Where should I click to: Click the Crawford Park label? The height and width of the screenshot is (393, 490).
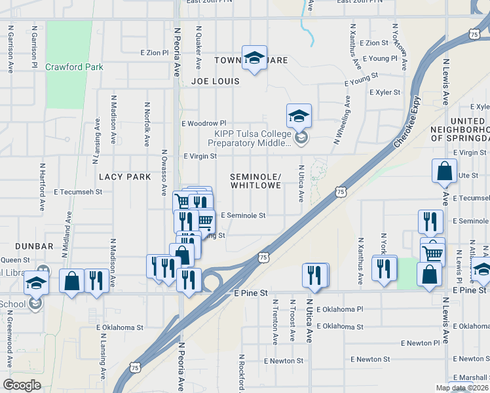(x=75, y=67)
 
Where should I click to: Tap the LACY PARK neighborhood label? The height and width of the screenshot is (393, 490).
(x=124, y=177)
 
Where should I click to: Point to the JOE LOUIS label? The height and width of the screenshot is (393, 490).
(x=216, y=82)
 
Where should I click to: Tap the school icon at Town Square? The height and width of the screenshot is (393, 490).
(x=254, y=56)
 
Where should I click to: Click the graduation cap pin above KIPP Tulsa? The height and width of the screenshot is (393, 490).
(x=299, y=117)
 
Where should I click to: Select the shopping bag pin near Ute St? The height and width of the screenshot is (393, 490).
(x=444, y=172)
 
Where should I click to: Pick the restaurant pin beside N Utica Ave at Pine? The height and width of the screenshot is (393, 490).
(x=315, y=274)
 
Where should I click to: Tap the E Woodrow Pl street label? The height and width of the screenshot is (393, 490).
(x=204, y=123)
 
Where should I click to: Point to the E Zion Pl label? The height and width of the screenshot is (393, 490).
(x=155, y=52)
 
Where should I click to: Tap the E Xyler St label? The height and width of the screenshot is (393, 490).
(x=385, y=92)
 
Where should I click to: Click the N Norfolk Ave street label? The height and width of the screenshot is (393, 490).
(x=147, y=124)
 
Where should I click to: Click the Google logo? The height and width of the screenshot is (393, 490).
(x=22, y=385)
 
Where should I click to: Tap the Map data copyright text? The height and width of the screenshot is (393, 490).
(x=462, y=388)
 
